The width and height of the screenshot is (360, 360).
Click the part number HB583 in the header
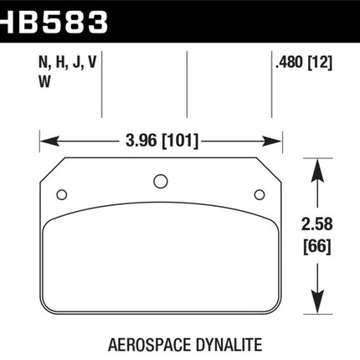(x=54, y=22)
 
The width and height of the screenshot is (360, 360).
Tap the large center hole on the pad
(x=161, y=181)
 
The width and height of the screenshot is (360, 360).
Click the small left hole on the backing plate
(x=62, y=194)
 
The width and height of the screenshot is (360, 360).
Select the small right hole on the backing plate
(x=260, y=194)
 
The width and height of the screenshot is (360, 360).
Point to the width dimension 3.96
(x=141, y=141)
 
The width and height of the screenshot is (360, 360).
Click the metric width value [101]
(x=180, y=141)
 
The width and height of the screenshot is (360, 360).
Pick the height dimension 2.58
(x=317, y=224)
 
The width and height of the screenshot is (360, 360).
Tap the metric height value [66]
(x=317, y=246)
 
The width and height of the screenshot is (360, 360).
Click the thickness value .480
(x=289, y=62)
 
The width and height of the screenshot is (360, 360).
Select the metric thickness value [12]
(x=320, y=62)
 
